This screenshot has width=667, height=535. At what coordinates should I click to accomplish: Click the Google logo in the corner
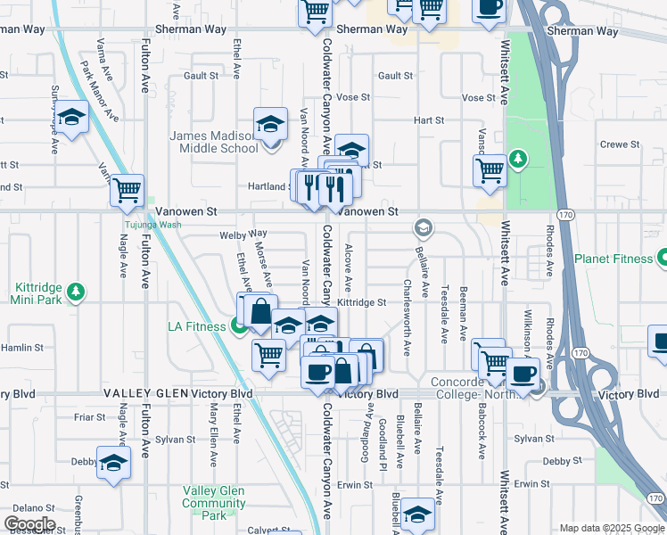pyautogui.click(x=29, y=524)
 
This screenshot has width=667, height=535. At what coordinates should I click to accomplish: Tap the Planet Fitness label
pyautogui.click(x=613, y=259)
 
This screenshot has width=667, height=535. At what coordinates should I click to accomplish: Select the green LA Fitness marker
pyautogui.click(x=239, y=326)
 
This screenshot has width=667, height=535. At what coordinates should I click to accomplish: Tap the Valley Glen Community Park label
pyautogui.click(x=214, y=503)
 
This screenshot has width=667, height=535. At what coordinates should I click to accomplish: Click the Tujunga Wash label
pyautogui.click(x=152, y=225)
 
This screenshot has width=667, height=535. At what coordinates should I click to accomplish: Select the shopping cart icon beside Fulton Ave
pyautogui.click(x=128, y=189)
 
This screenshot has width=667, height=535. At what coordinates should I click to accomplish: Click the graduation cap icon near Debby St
pyautogui.click(x=113, y=463)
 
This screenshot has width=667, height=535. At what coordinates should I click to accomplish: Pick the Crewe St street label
pyautogui.click(x=621, y=144)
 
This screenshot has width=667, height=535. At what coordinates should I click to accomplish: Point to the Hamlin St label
pyautogui.click(x=22, y=347)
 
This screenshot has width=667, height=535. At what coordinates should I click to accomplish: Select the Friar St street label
pyautogui.click(x=90, y=416)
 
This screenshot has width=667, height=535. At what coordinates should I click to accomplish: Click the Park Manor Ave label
pyautogui.click(x=99, y=90)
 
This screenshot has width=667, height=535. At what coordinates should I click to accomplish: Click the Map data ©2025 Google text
pyautogui.click(x=612, y=528)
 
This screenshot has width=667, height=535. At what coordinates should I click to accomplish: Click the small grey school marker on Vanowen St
pyautogui.click(x=424, y=228)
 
